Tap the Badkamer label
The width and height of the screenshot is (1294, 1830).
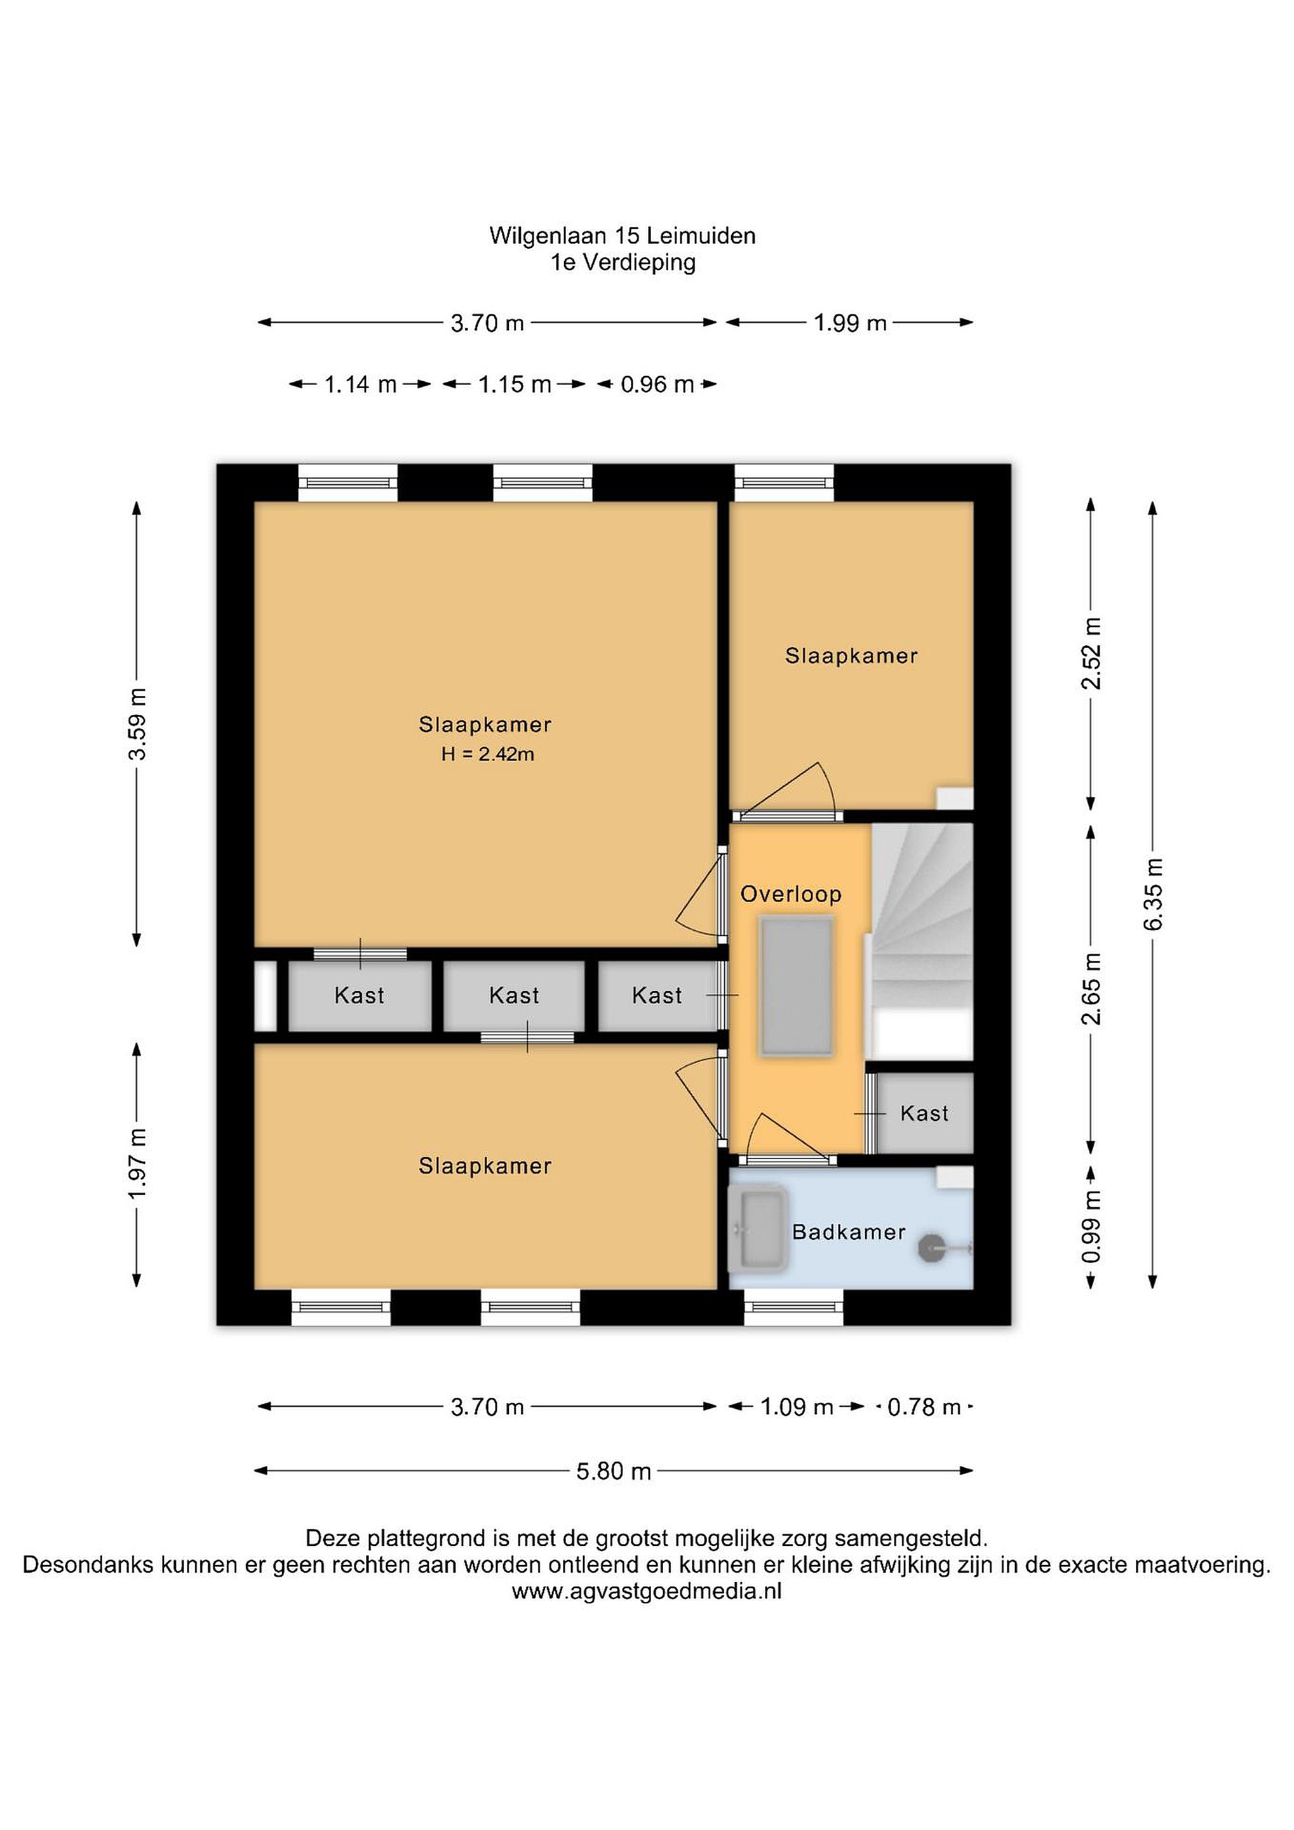click(849, 1232)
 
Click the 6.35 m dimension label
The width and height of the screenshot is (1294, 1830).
click(1153, 894)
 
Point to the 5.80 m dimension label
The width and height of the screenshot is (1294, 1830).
click(614, 1470)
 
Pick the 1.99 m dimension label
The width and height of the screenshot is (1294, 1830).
click(850, 323)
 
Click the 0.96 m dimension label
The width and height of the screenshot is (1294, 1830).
click(657, 384)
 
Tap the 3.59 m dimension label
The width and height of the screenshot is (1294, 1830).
click(137, 724)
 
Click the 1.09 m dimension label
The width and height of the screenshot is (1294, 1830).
click(797, 1407)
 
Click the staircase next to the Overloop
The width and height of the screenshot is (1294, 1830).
click(922, 942)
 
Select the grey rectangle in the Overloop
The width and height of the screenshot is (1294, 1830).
click(797, 987)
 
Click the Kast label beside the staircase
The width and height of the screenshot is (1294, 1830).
click(924, 1113)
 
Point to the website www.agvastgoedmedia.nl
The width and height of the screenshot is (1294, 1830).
click(646, 1592)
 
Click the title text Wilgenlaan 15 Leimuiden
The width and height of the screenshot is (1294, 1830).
click(623, 236)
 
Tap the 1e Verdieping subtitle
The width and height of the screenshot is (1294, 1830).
click(623, 262)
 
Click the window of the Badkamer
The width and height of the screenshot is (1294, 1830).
click(793, 1308)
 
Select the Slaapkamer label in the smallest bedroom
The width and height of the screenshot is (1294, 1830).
click(851, 656)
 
